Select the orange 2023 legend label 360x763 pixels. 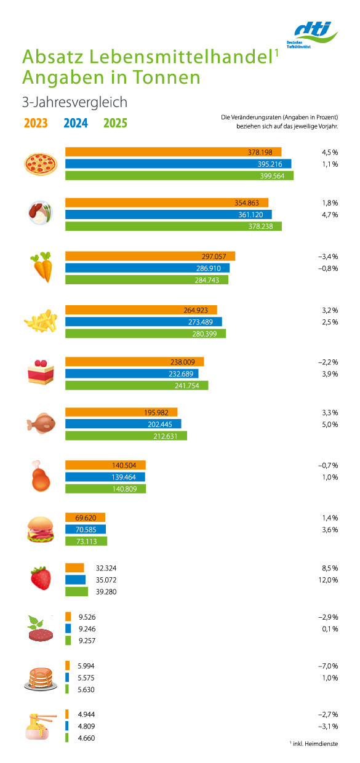click(36, 123)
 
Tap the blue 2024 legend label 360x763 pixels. click(76, 123)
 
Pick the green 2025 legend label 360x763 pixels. click(116, 123)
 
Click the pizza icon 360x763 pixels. click(41, 164)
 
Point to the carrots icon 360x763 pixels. click(42, 267)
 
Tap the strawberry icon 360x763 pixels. click(41, 578)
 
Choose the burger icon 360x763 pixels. click(41, 529)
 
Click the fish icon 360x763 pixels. click(41, 423)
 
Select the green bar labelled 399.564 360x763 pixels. click(180, 176)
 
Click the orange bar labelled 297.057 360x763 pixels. click(150, 256)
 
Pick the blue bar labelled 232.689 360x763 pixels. click(132, 374)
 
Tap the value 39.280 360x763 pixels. click(106, 592)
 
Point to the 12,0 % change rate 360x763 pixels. click(329, 580)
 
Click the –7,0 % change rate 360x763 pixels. click(328, 666)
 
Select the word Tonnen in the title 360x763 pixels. click(166, 78)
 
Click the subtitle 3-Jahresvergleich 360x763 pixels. click(74, 102)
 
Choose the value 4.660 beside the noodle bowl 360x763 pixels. click(87, 738)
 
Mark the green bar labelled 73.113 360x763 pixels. click(86, 541)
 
